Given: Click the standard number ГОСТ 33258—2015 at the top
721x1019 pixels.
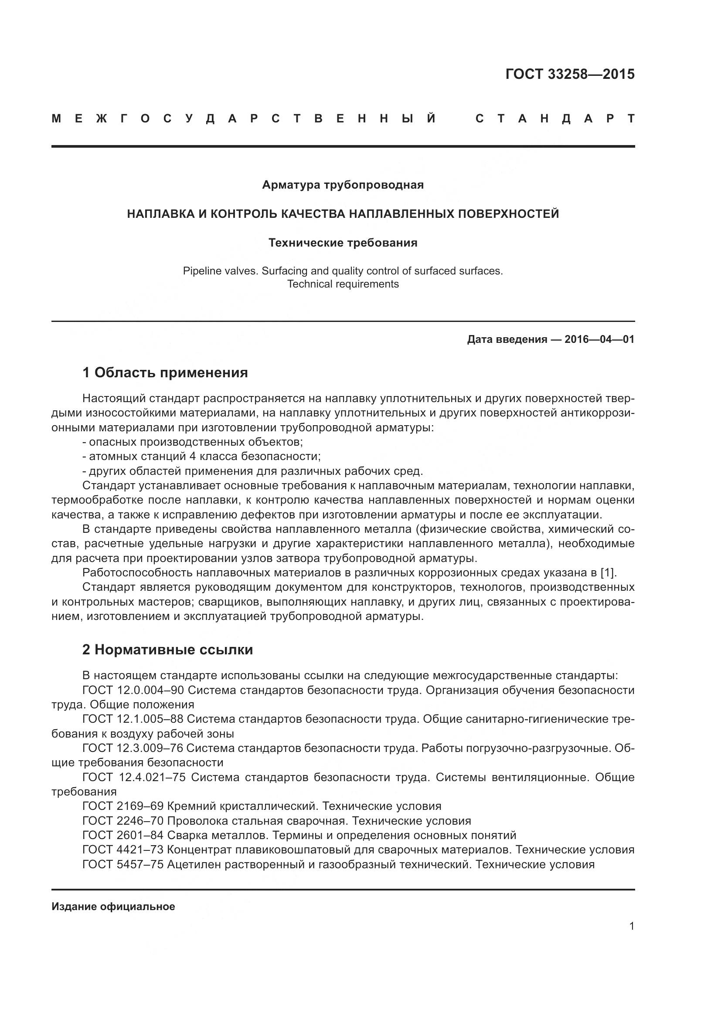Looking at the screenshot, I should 570,74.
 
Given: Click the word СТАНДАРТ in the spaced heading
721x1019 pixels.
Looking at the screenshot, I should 554,118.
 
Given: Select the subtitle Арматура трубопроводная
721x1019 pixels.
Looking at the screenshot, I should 343,185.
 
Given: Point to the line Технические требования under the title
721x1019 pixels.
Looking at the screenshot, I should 343,243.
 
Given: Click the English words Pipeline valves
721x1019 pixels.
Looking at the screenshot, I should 220,271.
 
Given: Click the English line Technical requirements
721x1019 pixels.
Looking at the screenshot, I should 343,284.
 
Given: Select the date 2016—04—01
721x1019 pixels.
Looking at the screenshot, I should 599,339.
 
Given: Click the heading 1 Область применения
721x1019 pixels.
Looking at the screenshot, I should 165,372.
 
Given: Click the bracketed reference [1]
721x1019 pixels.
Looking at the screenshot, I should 608,573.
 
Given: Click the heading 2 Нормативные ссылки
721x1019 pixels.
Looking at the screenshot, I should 167,650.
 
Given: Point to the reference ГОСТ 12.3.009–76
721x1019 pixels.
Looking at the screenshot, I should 133,748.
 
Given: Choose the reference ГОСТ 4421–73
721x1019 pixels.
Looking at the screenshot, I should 123,850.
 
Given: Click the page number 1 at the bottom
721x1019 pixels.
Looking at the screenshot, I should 631,926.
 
